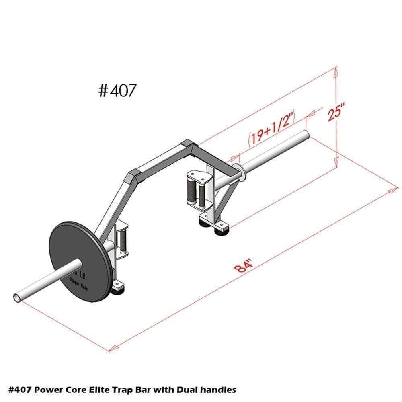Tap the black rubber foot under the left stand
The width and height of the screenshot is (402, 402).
click(117, 291)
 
